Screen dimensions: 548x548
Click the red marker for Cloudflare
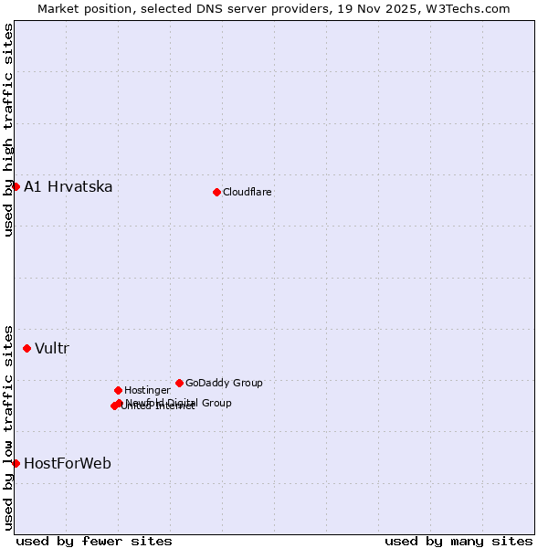coord(216,192)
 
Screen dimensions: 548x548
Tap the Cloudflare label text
coord(248,193)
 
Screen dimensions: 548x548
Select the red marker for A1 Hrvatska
coord(16,186)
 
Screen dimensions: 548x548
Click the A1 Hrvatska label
coord(68,187)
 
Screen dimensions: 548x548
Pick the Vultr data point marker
coord(26,348)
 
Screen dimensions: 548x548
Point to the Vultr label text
coord(52,349)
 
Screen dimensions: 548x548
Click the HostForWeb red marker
coord(16,463)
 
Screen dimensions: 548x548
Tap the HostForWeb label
coord(68,464)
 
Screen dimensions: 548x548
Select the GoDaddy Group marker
coord(179,383)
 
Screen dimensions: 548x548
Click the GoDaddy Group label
coord(224,384)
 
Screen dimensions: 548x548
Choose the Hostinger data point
coord(118,390)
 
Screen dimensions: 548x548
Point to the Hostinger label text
coord(147,391)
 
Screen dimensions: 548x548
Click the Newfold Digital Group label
coord(179,403)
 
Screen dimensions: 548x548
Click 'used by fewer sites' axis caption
coord(94,542)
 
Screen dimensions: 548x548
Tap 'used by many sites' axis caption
coord(458,542)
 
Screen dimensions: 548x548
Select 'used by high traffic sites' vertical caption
coord(9,130)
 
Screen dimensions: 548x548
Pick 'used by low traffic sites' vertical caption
coord(9,427)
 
